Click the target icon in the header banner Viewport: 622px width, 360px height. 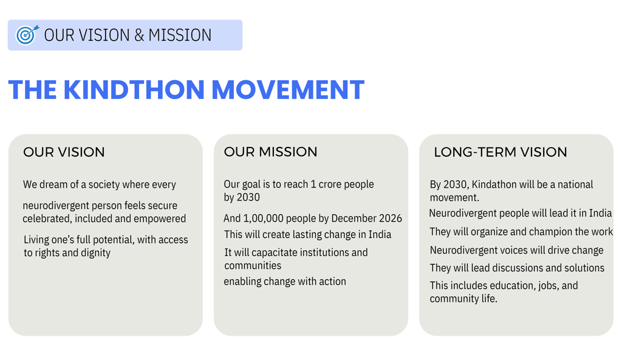pos(27,35)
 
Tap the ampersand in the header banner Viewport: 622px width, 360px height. pos(139,35)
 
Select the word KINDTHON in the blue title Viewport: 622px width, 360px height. pos(134,90)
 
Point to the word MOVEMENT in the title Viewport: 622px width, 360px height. pos(288,90)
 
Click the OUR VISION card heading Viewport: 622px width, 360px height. pos(64,152)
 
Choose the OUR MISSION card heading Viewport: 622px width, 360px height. pos(270,152)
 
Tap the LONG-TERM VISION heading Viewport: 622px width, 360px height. pos(501,152)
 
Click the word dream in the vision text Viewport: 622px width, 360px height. pos(53,185)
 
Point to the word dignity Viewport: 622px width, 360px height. pos(95,253)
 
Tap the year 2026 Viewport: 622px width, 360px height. pos(391,219)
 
